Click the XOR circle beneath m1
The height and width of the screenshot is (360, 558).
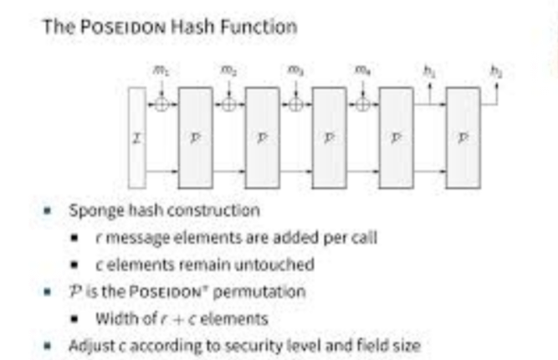[161, 105]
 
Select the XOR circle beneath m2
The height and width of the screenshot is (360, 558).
[228, 105]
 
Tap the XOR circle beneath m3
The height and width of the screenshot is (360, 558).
[295, 105]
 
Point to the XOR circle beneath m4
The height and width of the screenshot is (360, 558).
[362, 105]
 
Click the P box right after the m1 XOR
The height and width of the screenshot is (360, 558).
[195, 136]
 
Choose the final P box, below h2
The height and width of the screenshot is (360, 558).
[463, 136]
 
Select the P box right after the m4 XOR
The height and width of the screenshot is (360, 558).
[396, 136]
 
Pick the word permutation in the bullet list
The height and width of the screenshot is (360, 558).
[265, 291]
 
